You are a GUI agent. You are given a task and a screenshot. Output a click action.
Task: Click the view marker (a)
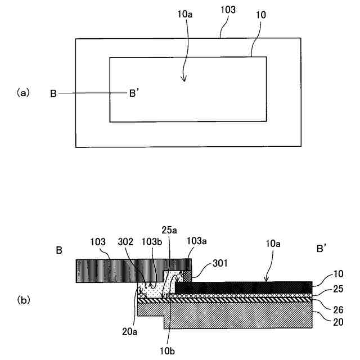(x=23, y=93)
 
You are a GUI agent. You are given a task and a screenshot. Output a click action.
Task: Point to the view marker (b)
(x=23, y=300)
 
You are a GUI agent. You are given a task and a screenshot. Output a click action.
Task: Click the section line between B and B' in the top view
(x=90, y=93)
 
